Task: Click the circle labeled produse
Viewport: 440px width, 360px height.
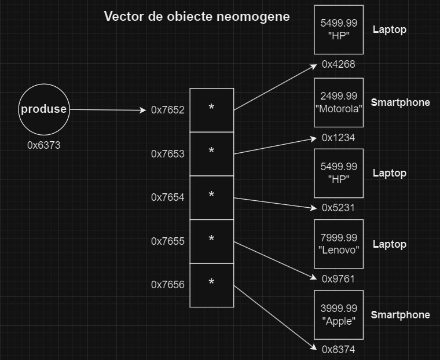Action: point(44,109)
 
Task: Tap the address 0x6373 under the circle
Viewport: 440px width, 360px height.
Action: point(44,145)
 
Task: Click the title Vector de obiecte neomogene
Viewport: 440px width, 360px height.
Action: point(197,16)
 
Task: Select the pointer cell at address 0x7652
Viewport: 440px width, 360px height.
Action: point(212,110)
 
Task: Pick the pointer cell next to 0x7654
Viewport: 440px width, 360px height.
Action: point(212,197)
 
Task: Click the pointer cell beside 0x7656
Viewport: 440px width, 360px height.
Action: point(212,285)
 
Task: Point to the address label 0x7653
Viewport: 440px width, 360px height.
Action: point(168,153)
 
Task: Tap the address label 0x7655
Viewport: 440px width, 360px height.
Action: point(168,241)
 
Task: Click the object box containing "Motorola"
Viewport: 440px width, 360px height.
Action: point(339,102)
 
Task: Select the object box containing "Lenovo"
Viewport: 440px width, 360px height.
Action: point(339,244)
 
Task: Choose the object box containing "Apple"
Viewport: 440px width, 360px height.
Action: point(339,315)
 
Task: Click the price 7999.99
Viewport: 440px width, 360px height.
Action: point(339,238)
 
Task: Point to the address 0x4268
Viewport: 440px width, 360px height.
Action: point(339,64)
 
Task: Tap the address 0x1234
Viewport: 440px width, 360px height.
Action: point(339,138)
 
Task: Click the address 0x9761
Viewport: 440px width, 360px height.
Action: point(339,279)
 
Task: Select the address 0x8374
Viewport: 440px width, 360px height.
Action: point(339,349)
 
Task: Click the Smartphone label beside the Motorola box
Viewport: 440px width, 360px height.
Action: point(400,102)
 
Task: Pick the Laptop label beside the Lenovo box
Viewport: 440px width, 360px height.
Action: point(390,244)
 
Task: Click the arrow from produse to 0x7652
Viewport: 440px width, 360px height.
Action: point(108,110)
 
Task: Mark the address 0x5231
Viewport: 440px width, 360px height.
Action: point(339,208)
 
